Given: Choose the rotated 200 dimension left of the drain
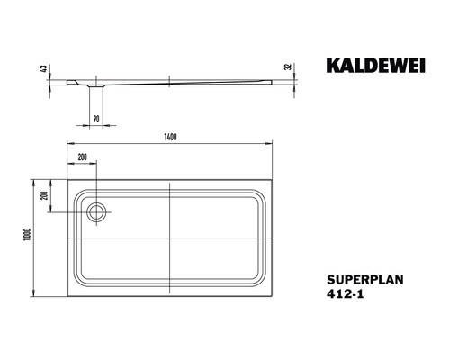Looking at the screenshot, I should pos(52,197).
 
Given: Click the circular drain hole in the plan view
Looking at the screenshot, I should pos(96,212).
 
